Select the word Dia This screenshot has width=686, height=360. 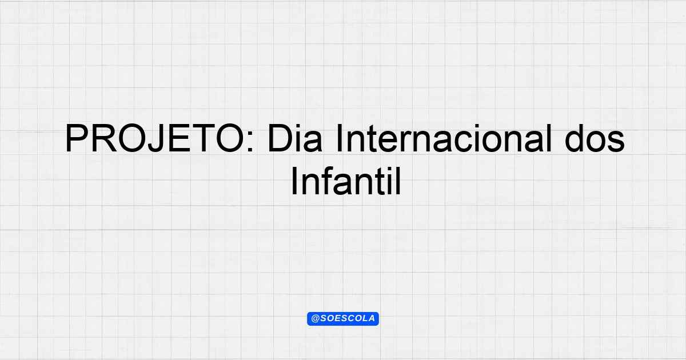295,138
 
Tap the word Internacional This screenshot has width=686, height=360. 444,138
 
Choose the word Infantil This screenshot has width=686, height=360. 346,181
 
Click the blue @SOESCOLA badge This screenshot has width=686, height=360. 343,319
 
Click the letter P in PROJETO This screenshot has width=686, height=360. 76,138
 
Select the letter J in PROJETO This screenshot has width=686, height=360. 156,138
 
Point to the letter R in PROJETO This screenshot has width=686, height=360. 105,138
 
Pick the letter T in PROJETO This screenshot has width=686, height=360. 204,138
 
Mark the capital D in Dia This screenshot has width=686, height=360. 280,138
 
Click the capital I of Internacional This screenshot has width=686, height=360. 338,138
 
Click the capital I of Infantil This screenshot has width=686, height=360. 294,181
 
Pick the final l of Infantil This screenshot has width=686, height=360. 398,181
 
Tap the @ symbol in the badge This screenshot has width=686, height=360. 315,319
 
